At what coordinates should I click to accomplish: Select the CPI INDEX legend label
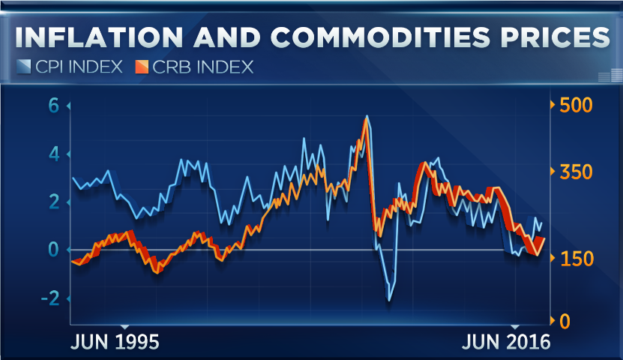coord(78,67)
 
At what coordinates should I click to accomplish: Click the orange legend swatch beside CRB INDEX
coord(142,67)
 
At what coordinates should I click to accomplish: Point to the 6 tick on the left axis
coord(53,106)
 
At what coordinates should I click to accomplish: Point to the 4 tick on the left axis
coord(53,154)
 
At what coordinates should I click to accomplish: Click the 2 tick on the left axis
coord(53,202)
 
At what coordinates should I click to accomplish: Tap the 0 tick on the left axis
coord(53,250)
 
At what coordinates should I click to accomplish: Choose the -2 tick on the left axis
coord(49,298)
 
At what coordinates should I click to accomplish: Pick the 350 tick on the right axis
coord(576,172)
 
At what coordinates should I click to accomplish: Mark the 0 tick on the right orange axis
coord(565,321)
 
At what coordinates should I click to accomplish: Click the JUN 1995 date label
coord(115,343)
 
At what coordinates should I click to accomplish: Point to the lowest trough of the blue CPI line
coord(389,300)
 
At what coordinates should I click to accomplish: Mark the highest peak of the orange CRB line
coord(366,119)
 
